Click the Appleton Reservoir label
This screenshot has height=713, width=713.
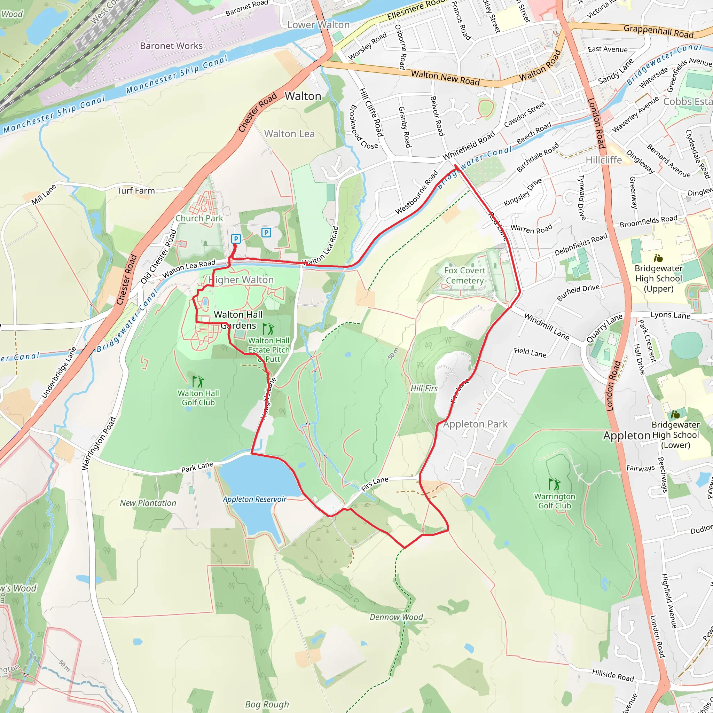254,499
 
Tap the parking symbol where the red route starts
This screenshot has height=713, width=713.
236,239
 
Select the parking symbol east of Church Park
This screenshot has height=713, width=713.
266,233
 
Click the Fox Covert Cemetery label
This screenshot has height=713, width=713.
465,275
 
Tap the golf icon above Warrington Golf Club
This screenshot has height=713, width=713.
554,484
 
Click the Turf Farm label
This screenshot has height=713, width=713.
136,190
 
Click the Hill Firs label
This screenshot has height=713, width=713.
424,388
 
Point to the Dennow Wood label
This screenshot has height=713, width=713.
396,617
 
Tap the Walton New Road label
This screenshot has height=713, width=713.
445,78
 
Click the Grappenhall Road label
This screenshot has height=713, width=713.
658,31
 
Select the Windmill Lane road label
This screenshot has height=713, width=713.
547,327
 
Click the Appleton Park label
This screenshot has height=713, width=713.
475,424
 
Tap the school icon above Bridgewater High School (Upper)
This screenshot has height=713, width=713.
658,258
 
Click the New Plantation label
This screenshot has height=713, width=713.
148,503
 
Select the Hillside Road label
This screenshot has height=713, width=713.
613,675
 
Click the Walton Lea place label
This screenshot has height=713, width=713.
289,134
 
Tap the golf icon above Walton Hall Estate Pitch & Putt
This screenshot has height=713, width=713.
268,328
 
